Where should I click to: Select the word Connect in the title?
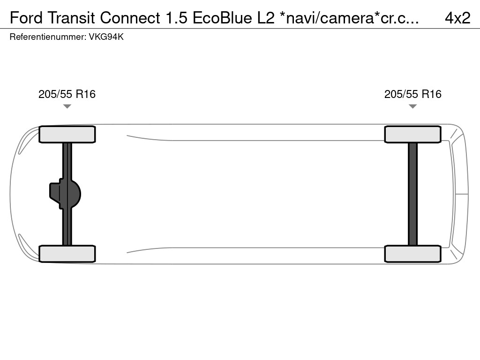[x=130, y=18]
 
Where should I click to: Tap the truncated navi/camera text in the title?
[x=349, y=18]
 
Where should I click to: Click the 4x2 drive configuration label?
[x=457, y=18]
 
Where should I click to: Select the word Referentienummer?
[x=47, y=37]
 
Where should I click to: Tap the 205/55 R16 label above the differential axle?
[x=67, y=94]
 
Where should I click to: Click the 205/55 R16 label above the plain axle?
[x=413, y=94]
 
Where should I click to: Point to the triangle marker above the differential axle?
[x=67, y=106]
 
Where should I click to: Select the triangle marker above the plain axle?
[x=412, y=106]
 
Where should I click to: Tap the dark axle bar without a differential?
[x=412, y=194]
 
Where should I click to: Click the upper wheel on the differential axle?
[x=67, y=134]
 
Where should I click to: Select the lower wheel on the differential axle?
[x=67, y=254]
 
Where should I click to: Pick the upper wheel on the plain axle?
[x=412, y=134]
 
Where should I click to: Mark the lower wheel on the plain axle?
[x=412, y=254]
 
